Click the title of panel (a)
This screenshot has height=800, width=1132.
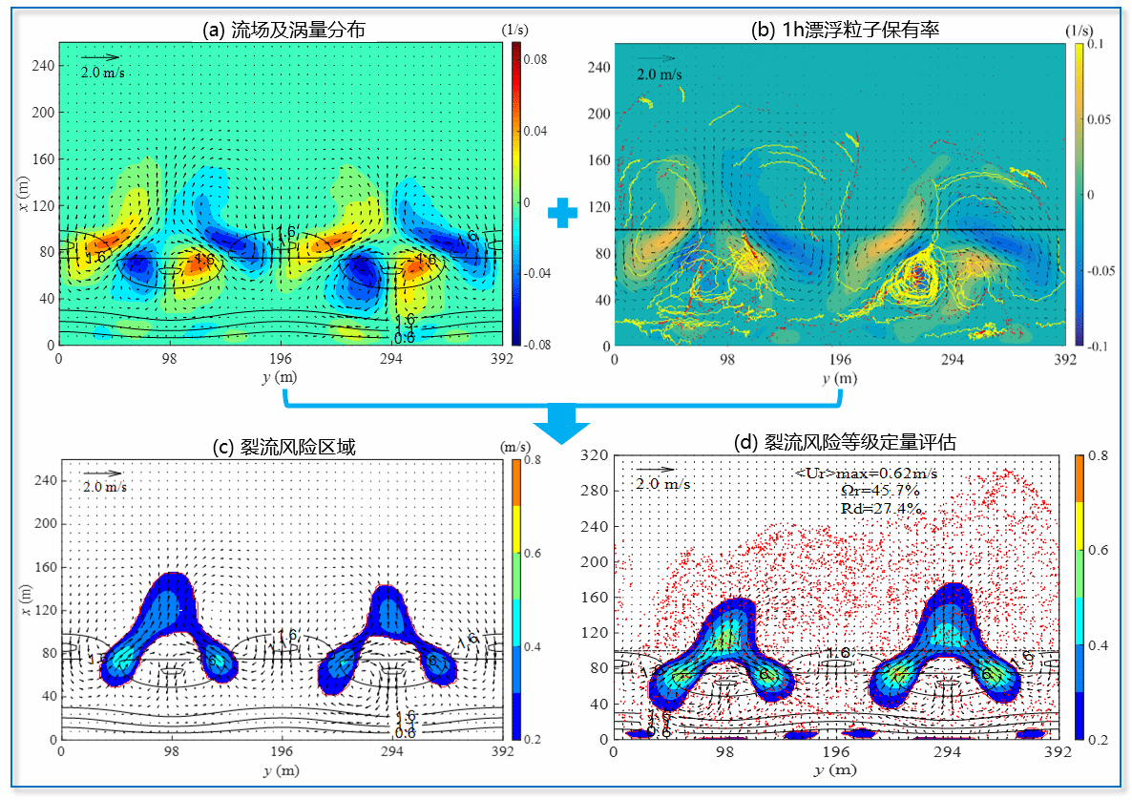pos(283,29)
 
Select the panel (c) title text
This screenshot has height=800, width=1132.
pos(284,446)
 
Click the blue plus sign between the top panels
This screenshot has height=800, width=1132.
pos(563,214)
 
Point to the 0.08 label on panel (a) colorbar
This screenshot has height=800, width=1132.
pos(534,59)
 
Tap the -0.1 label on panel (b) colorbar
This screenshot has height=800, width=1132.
pos(1092,345)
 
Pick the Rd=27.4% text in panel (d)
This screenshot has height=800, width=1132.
pos(881,509)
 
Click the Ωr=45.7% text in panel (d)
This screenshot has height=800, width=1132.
pos(881,491)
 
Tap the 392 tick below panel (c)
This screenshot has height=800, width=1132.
pos(503,753)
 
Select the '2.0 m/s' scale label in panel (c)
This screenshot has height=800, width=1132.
pos(103,488)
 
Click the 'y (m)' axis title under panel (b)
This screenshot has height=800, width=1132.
pos(840,377)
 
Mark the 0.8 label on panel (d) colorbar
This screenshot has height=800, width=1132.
pos(1096,457)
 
